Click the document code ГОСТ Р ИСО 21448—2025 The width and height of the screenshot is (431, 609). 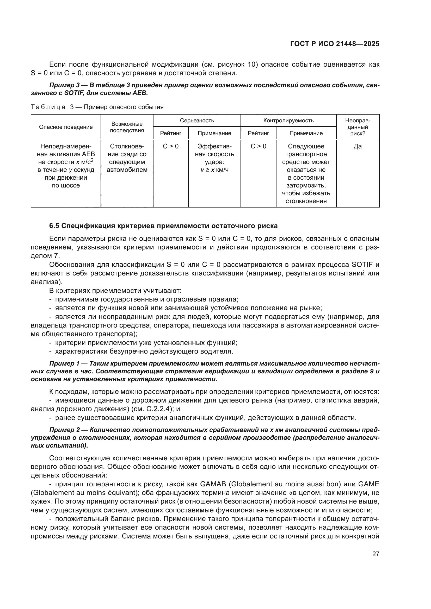point(335,44)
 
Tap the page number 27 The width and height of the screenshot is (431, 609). point(375,554)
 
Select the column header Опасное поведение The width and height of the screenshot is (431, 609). point(66,127)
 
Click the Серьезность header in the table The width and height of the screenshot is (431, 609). point(197,121)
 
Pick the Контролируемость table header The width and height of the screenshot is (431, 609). point(288,121)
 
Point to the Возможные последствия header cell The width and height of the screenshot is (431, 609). point(127,127)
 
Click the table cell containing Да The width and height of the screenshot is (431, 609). point(358,146)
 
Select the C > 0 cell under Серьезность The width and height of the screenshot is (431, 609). point(171,146)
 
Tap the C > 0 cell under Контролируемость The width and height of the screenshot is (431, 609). point(258,146)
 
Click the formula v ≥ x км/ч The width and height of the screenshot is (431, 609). point(214,170)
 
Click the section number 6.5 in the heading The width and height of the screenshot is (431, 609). point(54,226)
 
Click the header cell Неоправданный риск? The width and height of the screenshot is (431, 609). point(358,127)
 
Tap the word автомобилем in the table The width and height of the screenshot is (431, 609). point(127,170)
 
